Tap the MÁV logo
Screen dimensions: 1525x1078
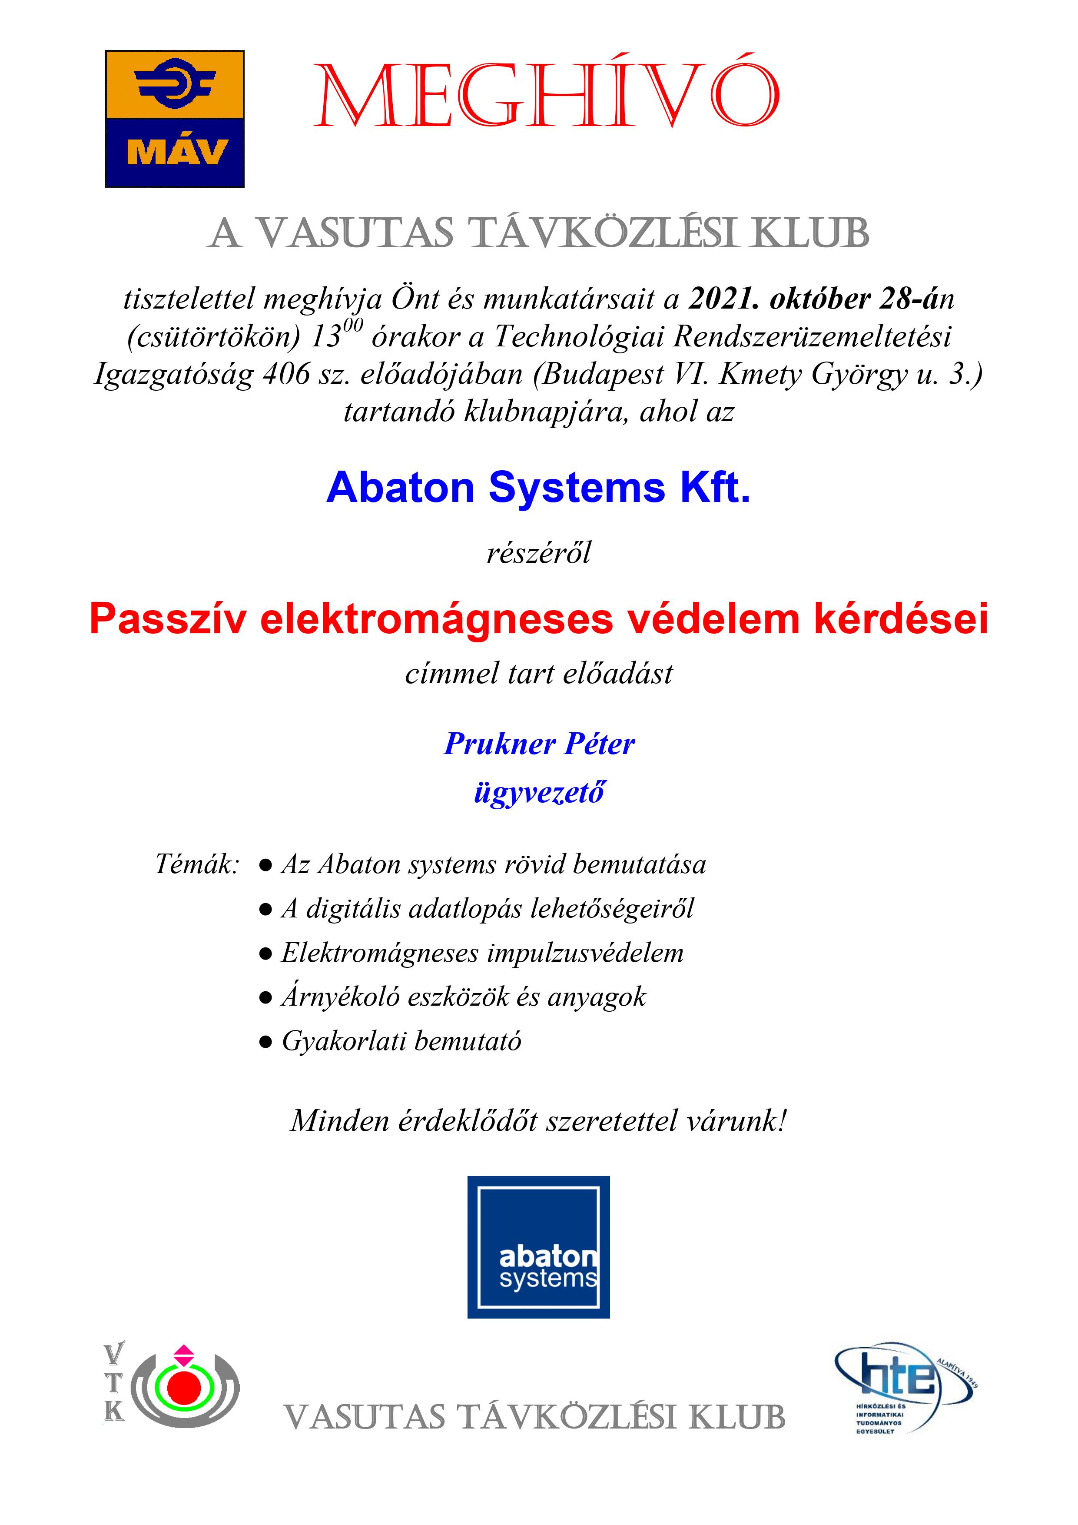pos(175,119)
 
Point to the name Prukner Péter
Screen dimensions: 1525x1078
pos(539,744)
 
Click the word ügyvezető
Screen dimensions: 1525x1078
pos(539,792)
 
